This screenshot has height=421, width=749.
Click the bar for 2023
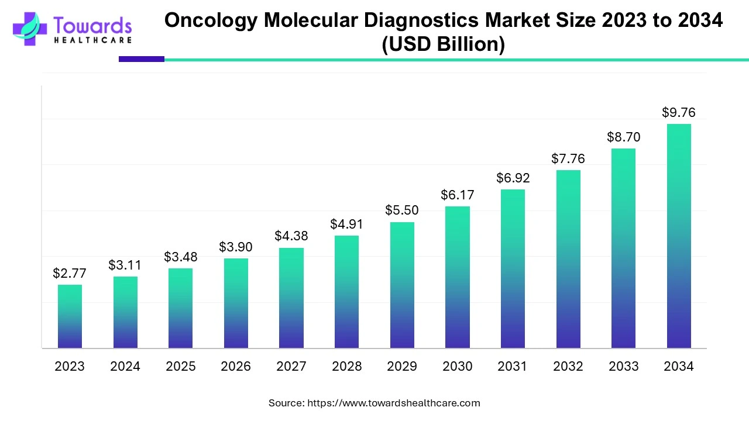point(70,316)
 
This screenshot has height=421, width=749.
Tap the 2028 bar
point(346,292)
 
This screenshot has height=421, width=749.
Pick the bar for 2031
point(513,269)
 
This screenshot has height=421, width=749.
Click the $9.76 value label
point(679,112)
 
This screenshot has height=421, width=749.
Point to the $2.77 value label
point(69,273)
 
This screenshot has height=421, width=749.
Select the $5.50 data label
point(401,210)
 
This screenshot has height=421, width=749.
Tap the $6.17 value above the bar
point(457,195)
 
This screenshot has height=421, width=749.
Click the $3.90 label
point(236,247)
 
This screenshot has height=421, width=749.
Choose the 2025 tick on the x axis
point(180,367)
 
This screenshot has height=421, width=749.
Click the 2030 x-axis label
point(457,367)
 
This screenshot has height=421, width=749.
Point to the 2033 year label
point(623,367)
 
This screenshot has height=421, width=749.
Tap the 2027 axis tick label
point(291,367)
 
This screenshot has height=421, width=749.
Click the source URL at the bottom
point(393,403)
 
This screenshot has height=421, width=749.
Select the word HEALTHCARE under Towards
point(92,40)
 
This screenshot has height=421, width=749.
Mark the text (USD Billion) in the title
point(443,44)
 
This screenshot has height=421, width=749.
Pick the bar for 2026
point(236,303)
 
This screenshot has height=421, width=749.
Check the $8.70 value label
point(623,137)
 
